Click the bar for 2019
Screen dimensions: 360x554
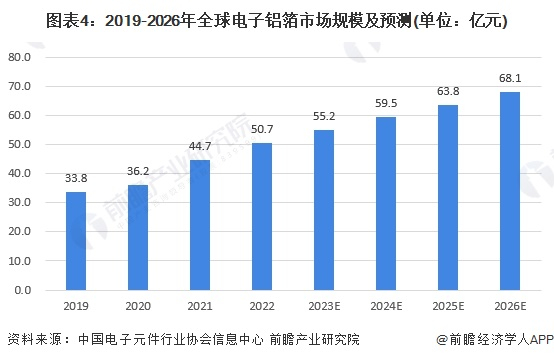coord(76,241)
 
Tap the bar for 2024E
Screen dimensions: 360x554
coord(385,204)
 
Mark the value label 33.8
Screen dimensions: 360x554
coord(76,178)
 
